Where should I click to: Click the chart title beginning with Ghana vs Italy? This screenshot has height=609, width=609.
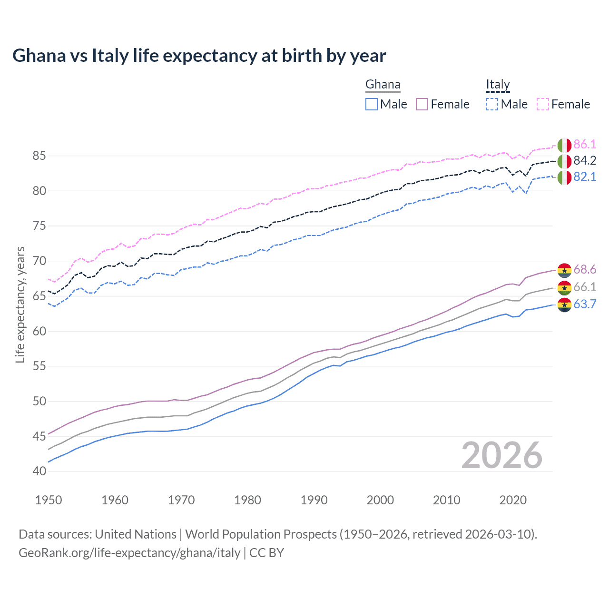tap(199, 56)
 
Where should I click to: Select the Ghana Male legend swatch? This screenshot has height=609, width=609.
tap(372, 104)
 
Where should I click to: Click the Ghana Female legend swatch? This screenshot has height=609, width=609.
tap(422, 104)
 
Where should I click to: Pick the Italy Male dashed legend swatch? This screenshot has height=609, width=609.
tap(492, 104)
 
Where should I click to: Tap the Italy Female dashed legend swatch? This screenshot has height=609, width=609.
tap(543, 104)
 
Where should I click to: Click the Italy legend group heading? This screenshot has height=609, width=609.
tap(498, 85)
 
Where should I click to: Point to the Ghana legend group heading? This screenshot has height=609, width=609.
tap(383, 85)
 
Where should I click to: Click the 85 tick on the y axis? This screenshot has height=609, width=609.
tap(39, 156)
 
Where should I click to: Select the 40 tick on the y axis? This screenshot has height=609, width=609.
tap(39, 471)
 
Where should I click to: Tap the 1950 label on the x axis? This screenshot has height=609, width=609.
tap(49, 500)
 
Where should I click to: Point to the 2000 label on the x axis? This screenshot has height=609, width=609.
tap(380, 500)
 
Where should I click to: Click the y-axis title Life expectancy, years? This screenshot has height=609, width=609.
tap(20, 304)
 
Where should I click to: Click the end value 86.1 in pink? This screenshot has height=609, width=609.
tap(585, 145)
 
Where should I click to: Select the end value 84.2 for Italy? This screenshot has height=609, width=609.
tap(585, 161)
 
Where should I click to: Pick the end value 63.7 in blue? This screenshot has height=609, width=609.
tap(585, 304)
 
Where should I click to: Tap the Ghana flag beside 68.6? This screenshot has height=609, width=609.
tap(564, 270)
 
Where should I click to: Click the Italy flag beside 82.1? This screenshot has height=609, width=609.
tap(564, 177)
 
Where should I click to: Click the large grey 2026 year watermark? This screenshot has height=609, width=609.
tap(502, 455)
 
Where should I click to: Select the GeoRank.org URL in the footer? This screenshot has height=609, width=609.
tap(129, 553)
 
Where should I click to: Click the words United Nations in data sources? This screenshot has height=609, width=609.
tap(136, 534)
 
